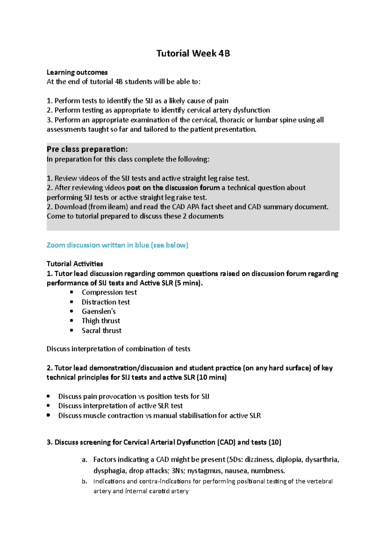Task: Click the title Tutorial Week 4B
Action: coord(193,53)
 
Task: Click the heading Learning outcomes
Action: coord(77,72)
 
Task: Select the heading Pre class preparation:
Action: coord(87,149)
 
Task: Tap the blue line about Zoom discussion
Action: coord(117,245)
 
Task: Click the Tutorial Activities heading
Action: coord(75,264)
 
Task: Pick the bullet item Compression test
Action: coord(109,292)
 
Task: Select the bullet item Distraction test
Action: coord(106,302)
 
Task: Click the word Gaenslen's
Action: coord(98,311)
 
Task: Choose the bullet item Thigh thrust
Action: coord(101,321)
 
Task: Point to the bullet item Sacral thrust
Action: coord(101,330)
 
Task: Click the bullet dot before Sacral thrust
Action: coord(72,330)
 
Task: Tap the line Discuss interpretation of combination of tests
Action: coord(118,349)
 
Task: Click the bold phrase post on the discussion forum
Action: coord(173,188)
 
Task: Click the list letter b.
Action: coord(84,481)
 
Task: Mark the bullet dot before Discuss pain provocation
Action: coord(49,396)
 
